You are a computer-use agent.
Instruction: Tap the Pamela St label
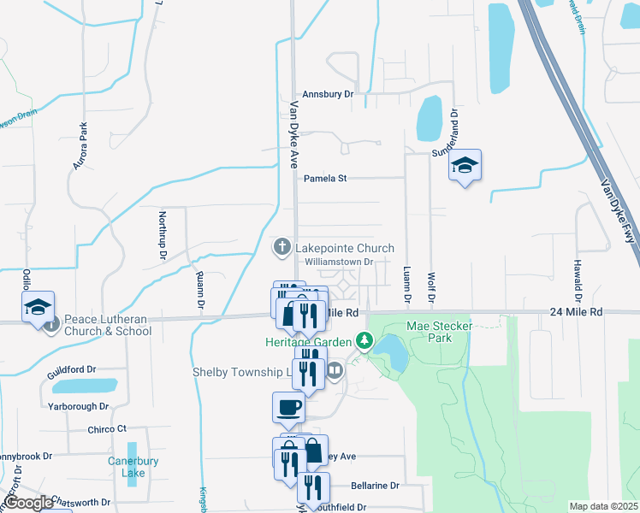(x=325, y=179)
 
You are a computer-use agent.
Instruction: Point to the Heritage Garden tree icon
(x=365, y=342)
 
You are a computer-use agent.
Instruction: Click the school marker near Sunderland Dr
(x=465, y=165)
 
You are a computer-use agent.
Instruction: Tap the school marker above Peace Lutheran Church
(x=38, y=307)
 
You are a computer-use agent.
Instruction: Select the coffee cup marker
(x=288, y=407)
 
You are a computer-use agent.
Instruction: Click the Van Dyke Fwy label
(x=618, y=209)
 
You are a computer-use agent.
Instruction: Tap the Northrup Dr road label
(x=163, y=234)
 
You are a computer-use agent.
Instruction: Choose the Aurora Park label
(x=81, y=144)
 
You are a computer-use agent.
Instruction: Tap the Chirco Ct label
(x=107, y=428)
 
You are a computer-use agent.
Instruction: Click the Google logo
(x=29, y=503)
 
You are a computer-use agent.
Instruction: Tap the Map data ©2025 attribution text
(x=603, y=506)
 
